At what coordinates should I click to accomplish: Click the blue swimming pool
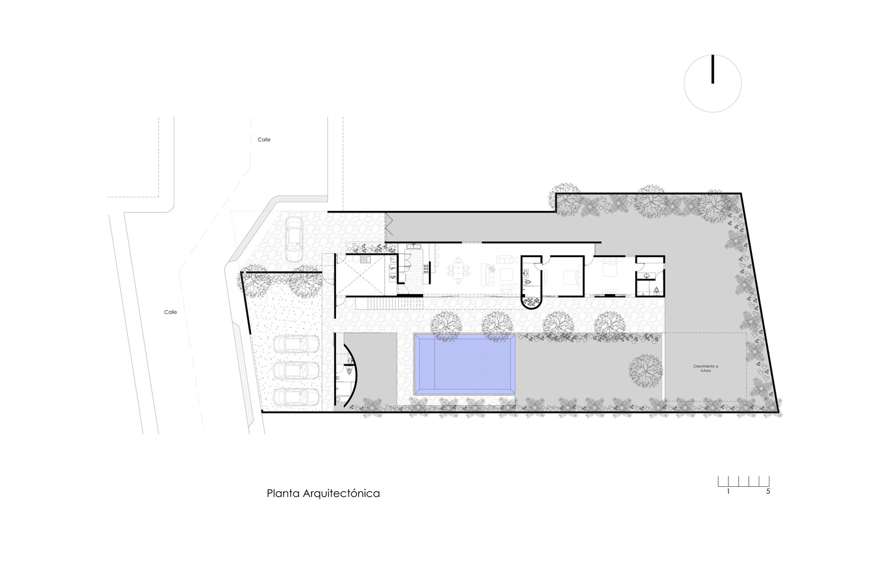465,364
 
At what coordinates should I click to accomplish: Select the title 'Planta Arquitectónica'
323,493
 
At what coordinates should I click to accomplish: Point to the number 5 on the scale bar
768,491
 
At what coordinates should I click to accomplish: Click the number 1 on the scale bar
728,491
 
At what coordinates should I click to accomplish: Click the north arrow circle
713,83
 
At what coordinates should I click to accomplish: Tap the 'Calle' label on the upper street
263,140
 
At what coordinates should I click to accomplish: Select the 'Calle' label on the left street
170,312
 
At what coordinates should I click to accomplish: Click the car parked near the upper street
294,239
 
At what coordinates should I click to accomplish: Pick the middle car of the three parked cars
296,370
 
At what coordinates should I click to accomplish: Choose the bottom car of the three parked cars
296,396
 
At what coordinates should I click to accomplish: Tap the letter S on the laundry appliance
392,277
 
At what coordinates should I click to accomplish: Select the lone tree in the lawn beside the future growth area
645,369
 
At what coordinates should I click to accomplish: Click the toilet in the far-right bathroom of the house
657,290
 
